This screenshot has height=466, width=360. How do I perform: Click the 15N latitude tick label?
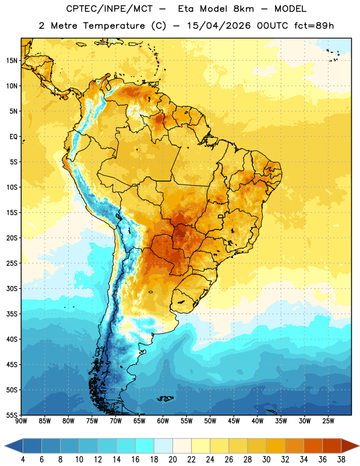click(12, 61)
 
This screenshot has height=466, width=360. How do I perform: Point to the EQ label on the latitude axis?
click(13, 137)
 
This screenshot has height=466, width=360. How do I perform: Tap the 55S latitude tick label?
click(12, 415)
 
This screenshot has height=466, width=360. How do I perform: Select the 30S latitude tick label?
click(12, 288)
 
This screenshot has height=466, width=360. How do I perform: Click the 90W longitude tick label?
click(21, 421)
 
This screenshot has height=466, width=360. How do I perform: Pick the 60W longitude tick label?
click(163, 421)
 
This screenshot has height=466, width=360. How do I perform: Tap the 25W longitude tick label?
click(328, 421)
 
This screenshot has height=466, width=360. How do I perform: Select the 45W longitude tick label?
click(234, 421)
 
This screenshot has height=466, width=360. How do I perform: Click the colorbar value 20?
click(172, 460)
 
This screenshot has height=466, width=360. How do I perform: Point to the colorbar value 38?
click(341, 460)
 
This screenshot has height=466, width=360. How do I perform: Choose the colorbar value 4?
click(23, 460)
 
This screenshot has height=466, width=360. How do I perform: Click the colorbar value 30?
click(266, 460)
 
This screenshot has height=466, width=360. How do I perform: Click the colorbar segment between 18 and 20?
click(164, 446)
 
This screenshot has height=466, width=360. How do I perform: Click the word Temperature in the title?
click(114, 26)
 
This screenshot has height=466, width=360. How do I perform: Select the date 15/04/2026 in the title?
click(219, 26)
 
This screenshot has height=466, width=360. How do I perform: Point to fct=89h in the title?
click(314, 26)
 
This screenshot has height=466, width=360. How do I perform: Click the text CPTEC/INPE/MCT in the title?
click(110, 9)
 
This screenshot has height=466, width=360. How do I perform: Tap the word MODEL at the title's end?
click(290, 9)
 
